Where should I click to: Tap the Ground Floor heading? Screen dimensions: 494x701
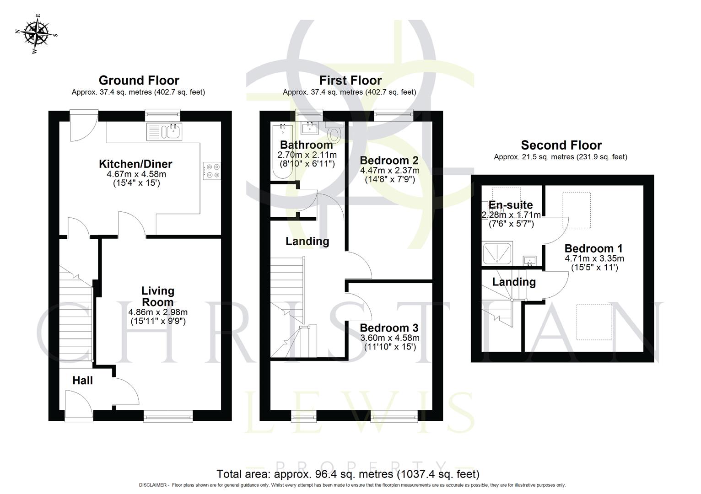click(139, 81)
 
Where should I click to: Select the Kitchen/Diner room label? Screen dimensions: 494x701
click(135, 164)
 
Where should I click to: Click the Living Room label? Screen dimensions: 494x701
click(157, 296)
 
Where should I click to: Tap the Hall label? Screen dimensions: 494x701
click(82, 381)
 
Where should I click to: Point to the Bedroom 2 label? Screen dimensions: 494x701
click(389, 161)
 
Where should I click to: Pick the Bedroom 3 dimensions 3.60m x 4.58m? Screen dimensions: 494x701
click(389, 338)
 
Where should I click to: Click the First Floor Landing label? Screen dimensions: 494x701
click(307, 241)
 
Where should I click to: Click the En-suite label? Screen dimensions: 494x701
click(511, 205)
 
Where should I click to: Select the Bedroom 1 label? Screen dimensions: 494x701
click(593, 248)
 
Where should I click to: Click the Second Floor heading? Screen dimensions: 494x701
click(561, 145)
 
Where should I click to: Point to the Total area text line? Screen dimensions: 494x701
click(348, 474)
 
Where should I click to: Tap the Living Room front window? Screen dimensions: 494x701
click(168, 415)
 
